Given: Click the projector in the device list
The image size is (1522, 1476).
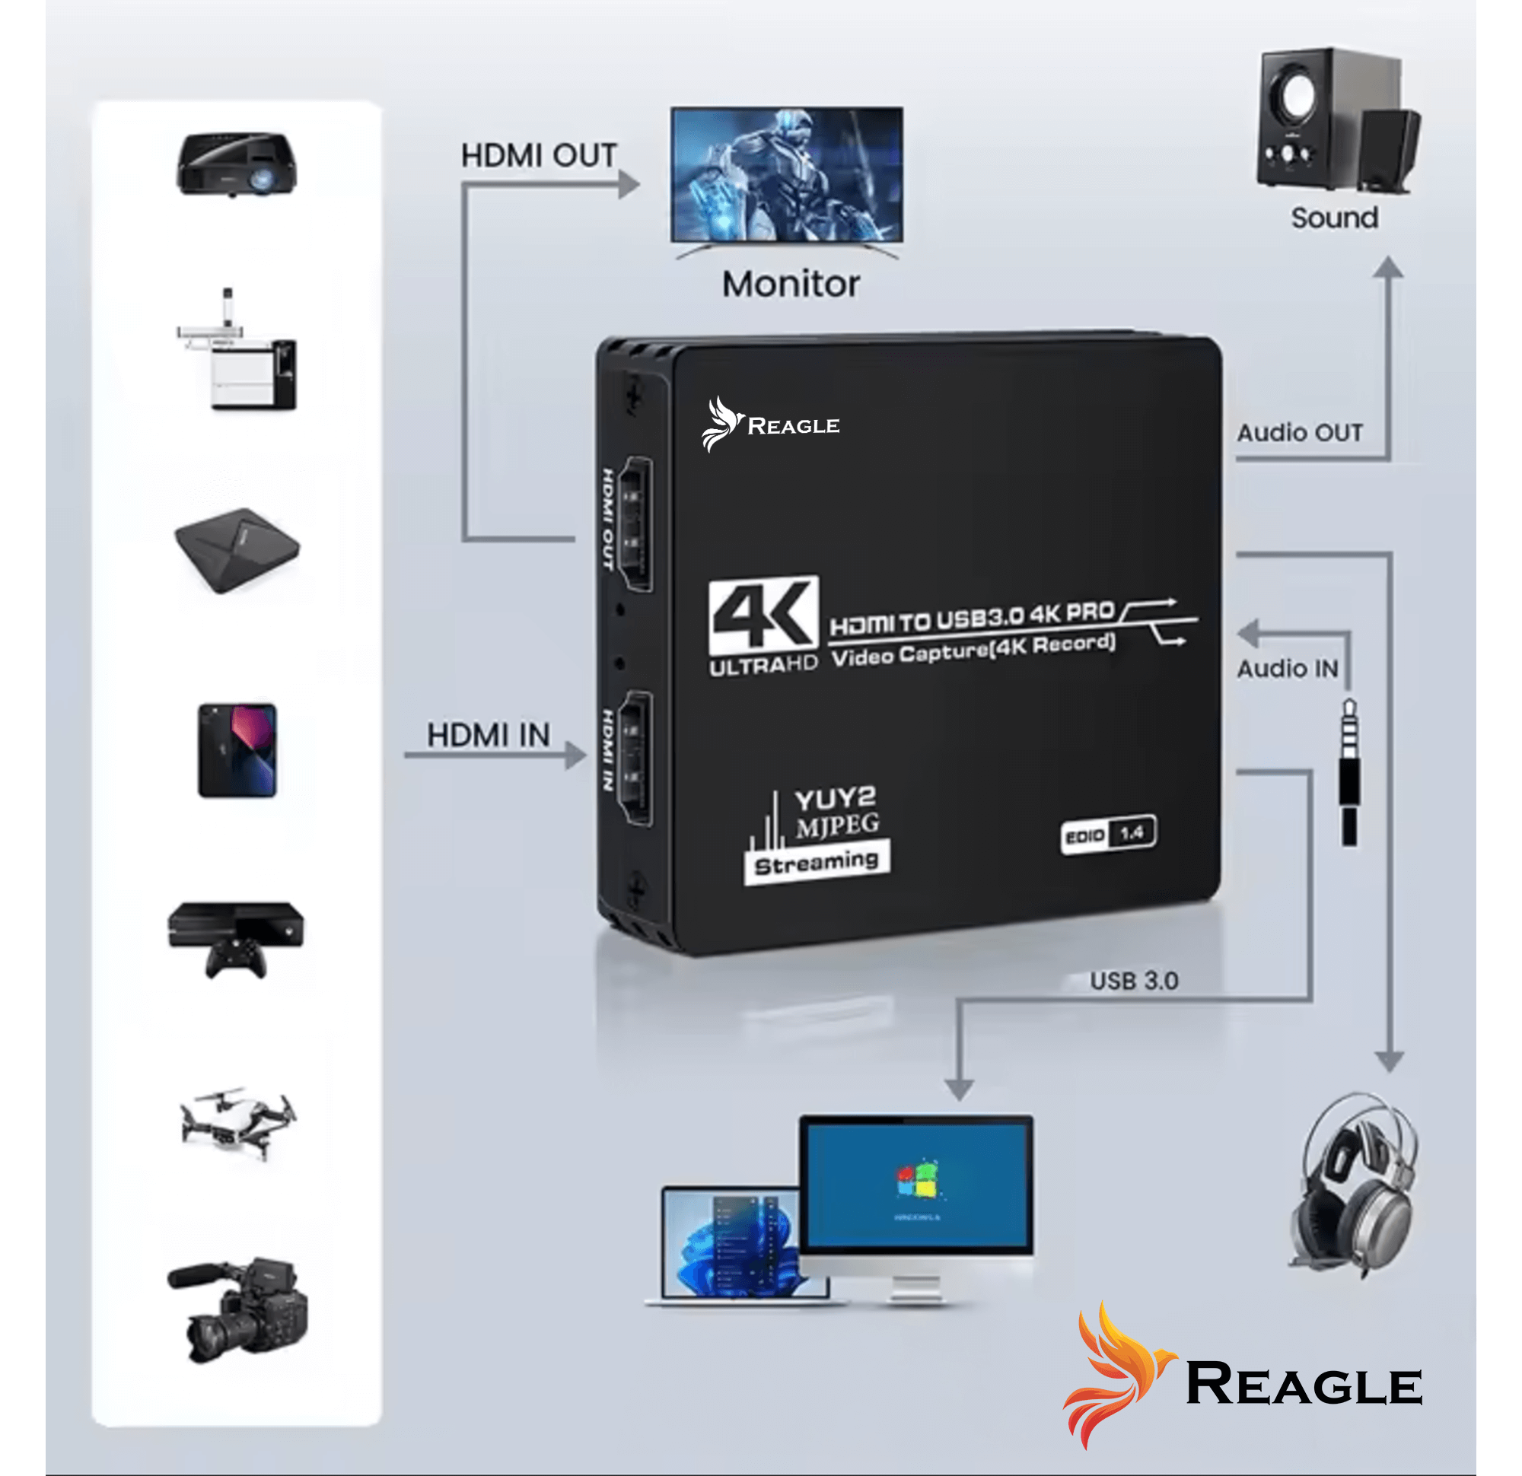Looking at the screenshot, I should click(236, 164).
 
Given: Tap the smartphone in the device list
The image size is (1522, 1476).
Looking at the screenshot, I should click(237, 750).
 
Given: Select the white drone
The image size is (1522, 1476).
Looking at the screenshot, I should click(237, 1123).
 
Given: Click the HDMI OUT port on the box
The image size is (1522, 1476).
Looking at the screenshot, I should click(635, 524).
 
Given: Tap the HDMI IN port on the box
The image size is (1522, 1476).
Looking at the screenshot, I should click(635, 758).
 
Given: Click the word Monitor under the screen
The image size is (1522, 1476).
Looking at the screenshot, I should click(791, 285).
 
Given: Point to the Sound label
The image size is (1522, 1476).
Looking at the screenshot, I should click(1334, 218).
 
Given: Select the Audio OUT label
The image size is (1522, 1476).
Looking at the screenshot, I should click(1299, 433).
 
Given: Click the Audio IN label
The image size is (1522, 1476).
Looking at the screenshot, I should click(1287, 669).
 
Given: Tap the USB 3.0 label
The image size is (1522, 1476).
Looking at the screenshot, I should click(1134, 981).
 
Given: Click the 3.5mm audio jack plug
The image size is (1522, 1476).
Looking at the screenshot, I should click(1348, 772).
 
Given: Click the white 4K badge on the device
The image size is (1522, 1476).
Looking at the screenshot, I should click(763, 615).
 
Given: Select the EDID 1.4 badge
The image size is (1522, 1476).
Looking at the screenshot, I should click(1108, 835).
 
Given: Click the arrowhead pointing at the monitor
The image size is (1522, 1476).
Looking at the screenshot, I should click(629, 185).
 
